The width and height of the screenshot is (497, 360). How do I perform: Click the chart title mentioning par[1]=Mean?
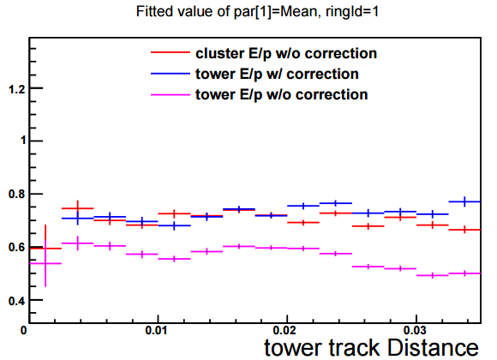257,12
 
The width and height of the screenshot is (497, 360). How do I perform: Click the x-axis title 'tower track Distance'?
371,348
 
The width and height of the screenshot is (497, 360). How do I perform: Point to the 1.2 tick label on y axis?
17,89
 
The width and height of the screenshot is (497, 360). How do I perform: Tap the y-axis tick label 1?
23,141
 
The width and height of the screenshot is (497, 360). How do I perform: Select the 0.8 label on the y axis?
17,194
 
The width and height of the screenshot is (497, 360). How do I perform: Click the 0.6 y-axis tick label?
17,247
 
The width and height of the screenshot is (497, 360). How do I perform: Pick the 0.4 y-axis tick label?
17,300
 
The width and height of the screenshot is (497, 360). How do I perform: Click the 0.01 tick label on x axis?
156,331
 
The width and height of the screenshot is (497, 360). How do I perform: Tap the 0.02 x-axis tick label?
285,331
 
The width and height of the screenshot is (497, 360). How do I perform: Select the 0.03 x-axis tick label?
414,331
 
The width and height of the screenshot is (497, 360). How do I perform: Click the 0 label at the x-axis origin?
24,331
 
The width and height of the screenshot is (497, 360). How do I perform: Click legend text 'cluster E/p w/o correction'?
286,53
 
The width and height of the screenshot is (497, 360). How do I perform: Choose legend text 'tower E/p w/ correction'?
277,74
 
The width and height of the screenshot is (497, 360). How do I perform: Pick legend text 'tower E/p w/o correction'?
281,94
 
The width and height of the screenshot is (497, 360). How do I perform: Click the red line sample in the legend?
171,52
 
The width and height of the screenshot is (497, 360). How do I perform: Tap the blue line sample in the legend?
171,74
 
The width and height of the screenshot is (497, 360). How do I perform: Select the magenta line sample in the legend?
171,94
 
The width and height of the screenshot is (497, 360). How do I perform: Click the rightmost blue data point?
464,201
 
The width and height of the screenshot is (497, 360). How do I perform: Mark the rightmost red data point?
464,230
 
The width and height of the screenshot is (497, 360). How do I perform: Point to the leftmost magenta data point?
45,263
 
